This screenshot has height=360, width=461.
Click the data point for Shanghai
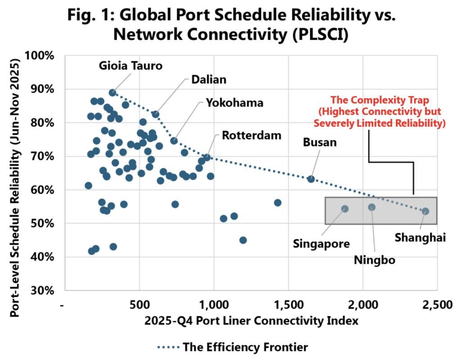pyautogui.click(x=425, y=211)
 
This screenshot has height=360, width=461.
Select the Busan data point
pyautogui.click(x=311, y=179)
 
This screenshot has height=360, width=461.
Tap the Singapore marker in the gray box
pyautogui.click(x=345, y=209)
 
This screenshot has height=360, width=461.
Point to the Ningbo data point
pyautogui.click(x=371, y=207)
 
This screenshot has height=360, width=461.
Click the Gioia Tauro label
pyautogui.click(x=131, y=65)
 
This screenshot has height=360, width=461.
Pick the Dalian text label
pyautogui.click(x=208, y=80)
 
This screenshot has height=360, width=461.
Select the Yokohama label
pyautogui.click(x=235, y=103)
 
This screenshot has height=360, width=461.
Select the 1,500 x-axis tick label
pyautogui.click(x=288, y=305)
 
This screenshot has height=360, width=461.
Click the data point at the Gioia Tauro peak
pyautogui.click(x=113, y=93)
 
